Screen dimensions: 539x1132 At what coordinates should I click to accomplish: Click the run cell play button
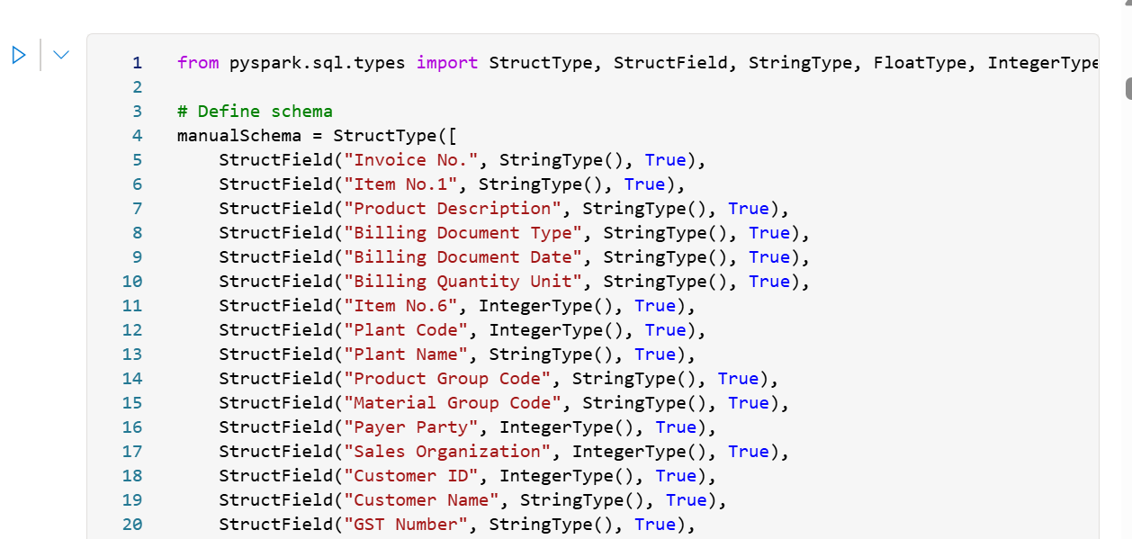(19, 55)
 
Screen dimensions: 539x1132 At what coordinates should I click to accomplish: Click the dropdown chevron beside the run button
(61, 55)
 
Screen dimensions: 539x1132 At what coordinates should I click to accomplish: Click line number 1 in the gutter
(137, 63)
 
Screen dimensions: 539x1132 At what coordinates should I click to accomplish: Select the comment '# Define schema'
(255, 112)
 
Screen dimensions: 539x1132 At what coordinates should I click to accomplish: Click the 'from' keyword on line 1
(197, 63)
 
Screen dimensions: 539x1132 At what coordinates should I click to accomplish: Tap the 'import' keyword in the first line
(447, 63)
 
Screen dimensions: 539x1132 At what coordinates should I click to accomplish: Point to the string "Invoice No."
(411, 160)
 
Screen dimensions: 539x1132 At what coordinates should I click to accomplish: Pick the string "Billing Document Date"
(463, 257)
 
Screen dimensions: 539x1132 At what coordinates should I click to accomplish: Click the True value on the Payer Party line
(676, 427)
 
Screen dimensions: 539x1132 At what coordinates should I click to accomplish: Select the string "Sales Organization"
(447, 452)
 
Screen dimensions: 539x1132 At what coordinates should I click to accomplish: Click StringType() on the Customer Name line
(582, 500)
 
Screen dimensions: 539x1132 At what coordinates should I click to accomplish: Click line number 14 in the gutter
(131, 379)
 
